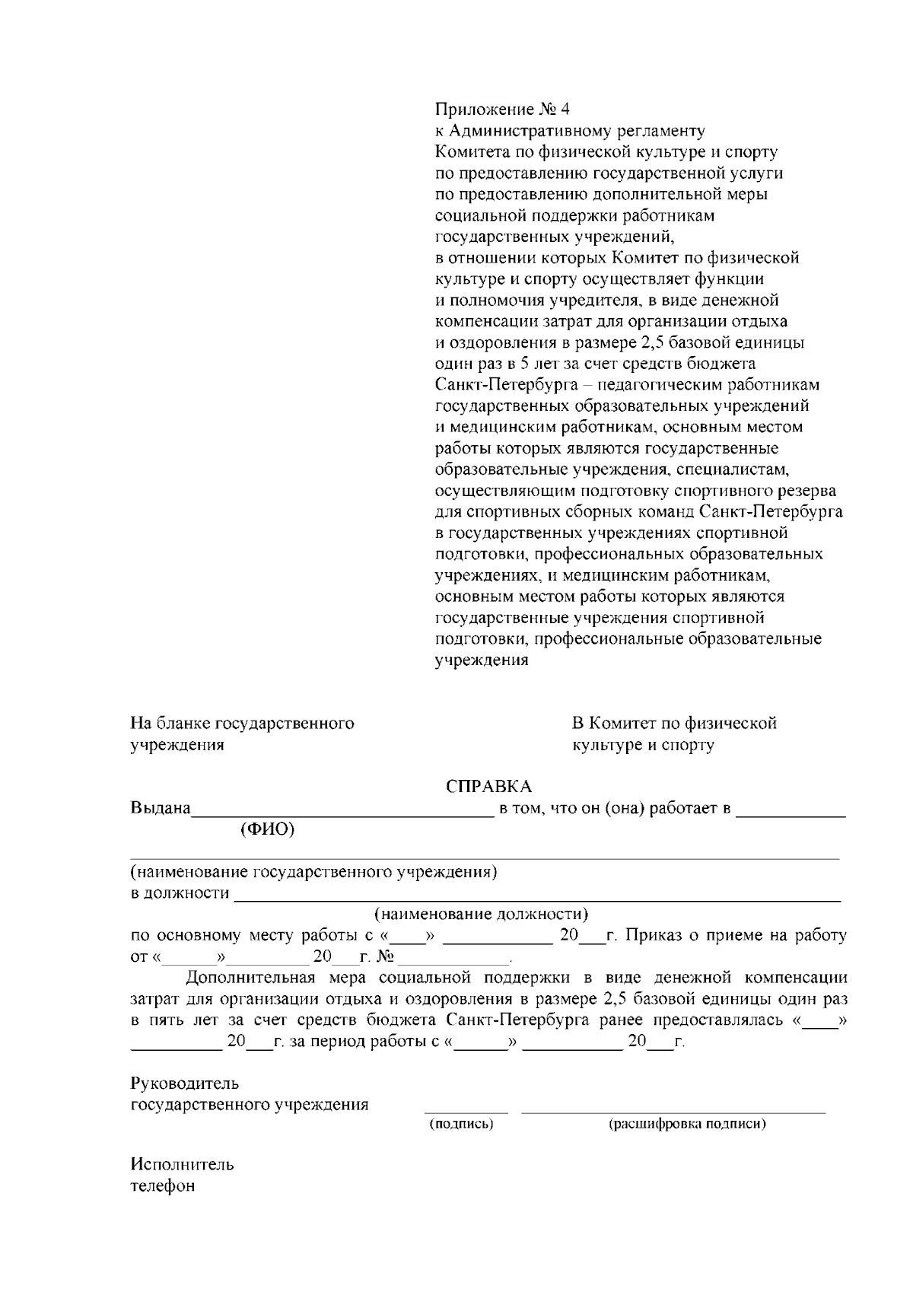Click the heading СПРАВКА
coord(488,786)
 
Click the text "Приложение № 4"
coord(502,109)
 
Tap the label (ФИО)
coord(267,829)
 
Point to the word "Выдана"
coord(161,808)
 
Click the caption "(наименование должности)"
coord(481,913)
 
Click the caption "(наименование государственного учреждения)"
coord(314,871)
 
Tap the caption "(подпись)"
coord(462,1123)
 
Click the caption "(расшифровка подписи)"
coord(687,1123)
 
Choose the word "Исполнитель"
coord(183,1164)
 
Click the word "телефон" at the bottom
coord(163,1185)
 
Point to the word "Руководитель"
coord(185,1083)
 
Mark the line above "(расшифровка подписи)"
coord(673,1111)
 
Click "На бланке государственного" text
coord(243,723)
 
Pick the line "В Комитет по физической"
coord(674,723)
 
